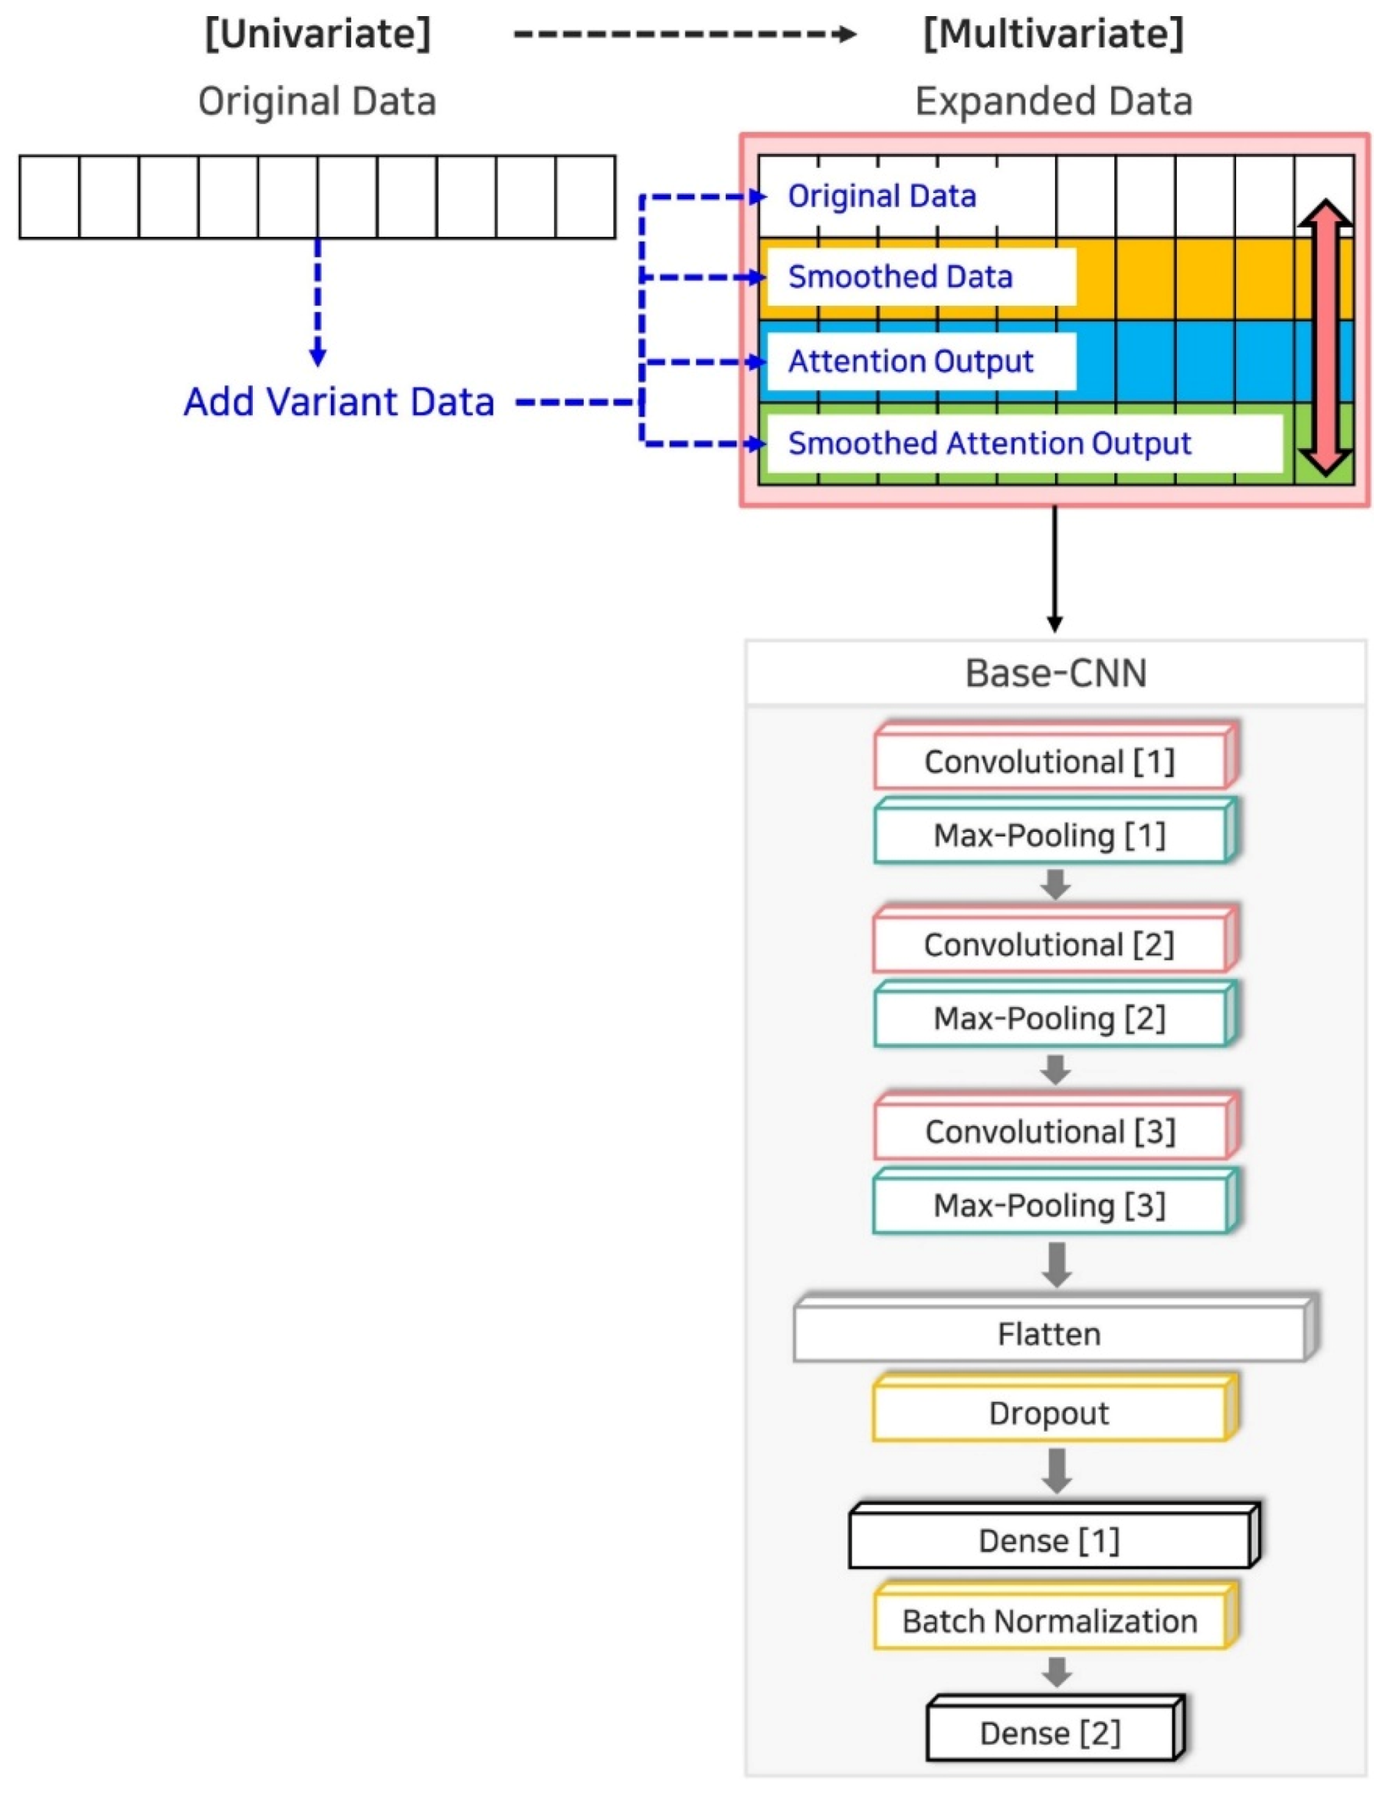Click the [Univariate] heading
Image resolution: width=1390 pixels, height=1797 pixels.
(318, 34)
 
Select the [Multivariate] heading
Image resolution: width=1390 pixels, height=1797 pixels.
(1053, 34)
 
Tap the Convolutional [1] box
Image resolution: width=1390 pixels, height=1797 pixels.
(1049, 762)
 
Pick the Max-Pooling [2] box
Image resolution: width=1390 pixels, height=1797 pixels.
(1049, 1019)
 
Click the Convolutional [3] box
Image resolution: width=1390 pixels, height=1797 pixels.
(1049, 1132)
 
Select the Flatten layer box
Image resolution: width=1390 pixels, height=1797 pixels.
(1049, 1334)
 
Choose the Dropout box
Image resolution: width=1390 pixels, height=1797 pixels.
(1049, 1413)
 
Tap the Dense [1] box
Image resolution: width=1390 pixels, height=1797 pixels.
(1049, 1540)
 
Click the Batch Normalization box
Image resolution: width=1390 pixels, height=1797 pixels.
(1049, 1621)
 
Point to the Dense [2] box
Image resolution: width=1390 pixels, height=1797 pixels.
(1049, 1733)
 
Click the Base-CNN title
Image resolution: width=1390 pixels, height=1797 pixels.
(1055, 673)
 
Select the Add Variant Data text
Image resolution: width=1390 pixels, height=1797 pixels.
(338, 402)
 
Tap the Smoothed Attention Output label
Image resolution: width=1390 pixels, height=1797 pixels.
(989, 444)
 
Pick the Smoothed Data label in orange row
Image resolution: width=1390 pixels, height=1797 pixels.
(900, 277)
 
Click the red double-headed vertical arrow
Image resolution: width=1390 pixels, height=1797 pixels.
(1325, 337)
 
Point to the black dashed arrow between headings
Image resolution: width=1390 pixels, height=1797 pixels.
(683, 34)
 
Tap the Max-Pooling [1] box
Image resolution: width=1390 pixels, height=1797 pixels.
(1049, 835)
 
